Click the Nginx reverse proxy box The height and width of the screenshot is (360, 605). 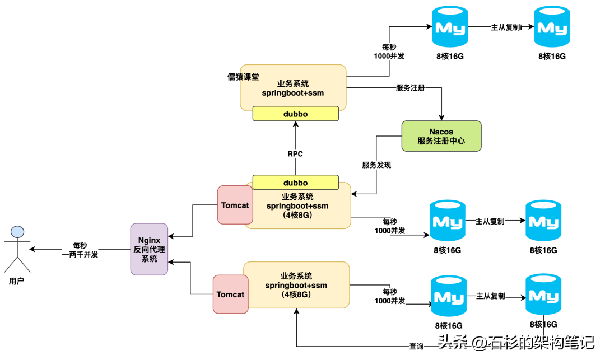coord(149,249)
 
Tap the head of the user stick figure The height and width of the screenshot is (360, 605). coord(17,232)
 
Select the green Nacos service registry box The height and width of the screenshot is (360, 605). coord(441,136)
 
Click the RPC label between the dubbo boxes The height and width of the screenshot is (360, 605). coord(295,154)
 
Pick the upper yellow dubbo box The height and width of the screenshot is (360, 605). coord(296,114)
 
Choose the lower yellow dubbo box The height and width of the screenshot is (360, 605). coord(296,183)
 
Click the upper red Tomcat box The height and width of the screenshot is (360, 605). coord(235,205)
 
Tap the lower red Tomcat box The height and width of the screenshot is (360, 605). coord(230,294)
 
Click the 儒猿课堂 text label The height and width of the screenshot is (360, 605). coord(243,77)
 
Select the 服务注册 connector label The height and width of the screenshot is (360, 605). coord(410,88)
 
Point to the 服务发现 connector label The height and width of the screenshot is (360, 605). coord(376,165)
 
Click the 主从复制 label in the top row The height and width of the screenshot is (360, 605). coord(506,27)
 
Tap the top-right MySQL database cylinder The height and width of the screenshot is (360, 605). coord(552,27)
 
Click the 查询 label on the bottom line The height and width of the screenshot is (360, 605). coord(416,346)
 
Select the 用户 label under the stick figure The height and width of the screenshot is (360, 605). coord(16,282)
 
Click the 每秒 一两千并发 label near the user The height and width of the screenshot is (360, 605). coord(80,250)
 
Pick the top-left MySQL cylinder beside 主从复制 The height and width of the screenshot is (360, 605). coord(450,27)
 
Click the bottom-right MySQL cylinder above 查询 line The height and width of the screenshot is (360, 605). coord(543,295)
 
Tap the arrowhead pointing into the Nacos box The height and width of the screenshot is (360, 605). coord(441,118)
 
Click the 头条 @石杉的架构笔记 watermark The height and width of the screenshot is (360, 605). coord(516,342)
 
